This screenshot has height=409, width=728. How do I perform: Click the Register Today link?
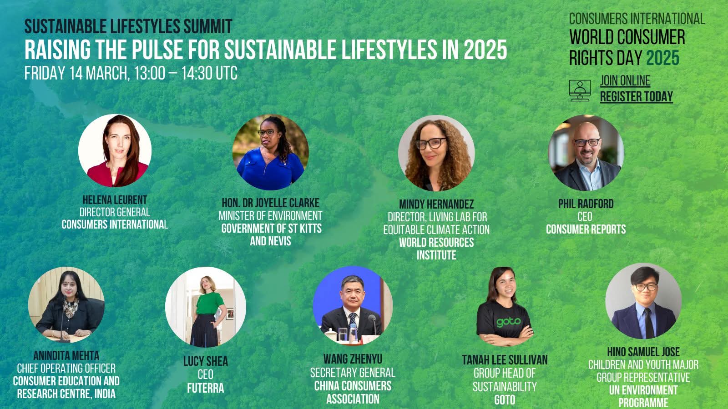coord(636,96)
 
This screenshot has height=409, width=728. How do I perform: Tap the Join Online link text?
coord(625,81)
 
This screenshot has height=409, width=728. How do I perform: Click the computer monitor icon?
coord(580,90)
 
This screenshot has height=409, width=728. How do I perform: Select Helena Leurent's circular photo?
coord(115,150)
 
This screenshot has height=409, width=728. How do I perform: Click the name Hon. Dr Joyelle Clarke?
coord(270,203)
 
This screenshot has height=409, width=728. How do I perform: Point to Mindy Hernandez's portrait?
coord(436,153)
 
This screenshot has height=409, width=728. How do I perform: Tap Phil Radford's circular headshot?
coord(586,153)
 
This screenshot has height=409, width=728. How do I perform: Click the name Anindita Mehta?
coord(66,355)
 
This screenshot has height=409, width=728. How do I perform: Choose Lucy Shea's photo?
coord(205,307)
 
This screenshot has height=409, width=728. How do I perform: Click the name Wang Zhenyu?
coord(353,359)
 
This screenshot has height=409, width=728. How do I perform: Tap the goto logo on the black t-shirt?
coord(508,322)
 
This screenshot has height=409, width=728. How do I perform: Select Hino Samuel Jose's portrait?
coord(643,301)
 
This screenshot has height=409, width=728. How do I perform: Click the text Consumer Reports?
coord(586,229)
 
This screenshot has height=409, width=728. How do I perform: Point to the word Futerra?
coord(205,388)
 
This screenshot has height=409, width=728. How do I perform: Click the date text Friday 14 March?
coord(77,73)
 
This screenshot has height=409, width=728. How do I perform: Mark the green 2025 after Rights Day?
coord(662,58)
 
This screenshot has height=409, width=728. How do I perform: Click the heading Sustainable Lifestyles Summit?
coord(128,26)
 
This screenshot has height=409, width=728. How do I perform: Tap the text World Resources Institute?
coord(436,249)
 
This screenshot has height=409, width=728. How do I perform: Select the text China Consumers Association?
coord(353,392)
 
